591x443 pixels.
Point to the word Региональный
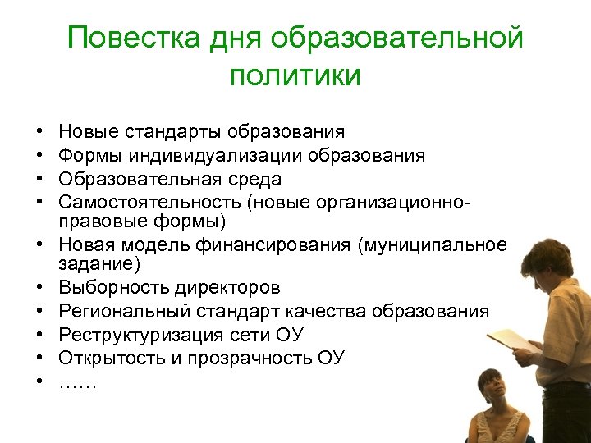115,312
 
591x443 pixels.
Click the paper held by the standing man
513,339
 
